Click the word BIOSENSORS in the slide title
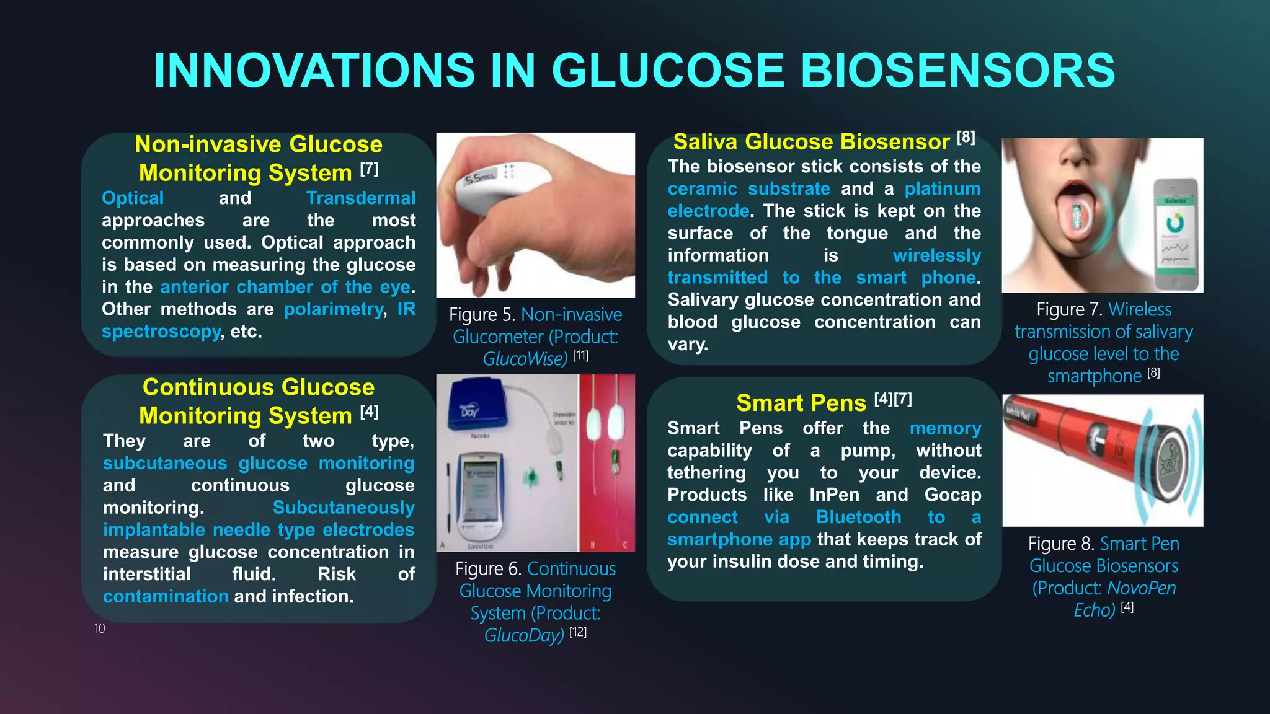coord(957,70)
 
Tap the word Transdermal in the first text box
coord(361,198)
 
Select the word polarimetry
coord(334,309)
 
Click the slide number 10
coord(99,628)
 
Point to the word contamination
coord(166,596)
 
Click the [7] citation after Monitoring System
coord(369,169)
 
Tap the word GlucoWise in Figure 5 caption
coord(525,359)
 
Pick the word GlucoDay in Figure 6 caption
coord(524,635)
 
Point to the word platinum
coord(943,188)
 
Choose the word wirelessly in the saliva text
coord(936,255)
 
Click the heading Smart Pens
coord(801,403)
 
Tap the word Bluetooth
coord(858,517)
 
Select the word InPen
coord(834,495)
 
